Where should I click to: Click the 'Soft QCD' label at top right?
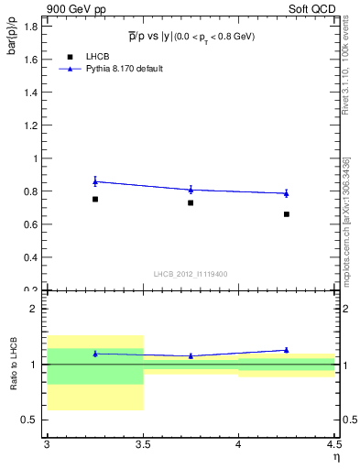[313, 9]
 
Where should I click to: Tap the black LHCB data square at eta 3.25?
[95, 199]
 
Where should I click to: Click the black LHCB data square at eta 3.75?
[191, 202]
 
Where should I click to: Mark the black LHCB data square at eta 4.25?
[287, 214]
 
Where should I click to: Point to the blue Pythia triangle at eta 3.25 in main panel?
[95, 181]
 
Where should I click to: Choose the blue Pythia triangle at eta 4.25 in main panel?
[287, 193]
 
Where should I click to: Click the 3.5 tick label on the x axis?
[143, 446]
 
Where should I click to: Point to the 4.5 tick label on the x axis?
[334, 446]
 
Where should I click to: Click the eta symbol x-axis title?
[336, 457]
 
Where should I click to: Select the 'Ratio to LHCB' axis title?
[14, 364]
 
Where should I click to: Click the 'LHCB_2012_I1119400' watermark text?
[191, 274]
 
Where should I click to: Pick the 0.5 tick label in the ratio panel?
[32, 420]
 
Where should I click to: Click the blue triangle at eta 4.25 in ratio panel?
[287, 350]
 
